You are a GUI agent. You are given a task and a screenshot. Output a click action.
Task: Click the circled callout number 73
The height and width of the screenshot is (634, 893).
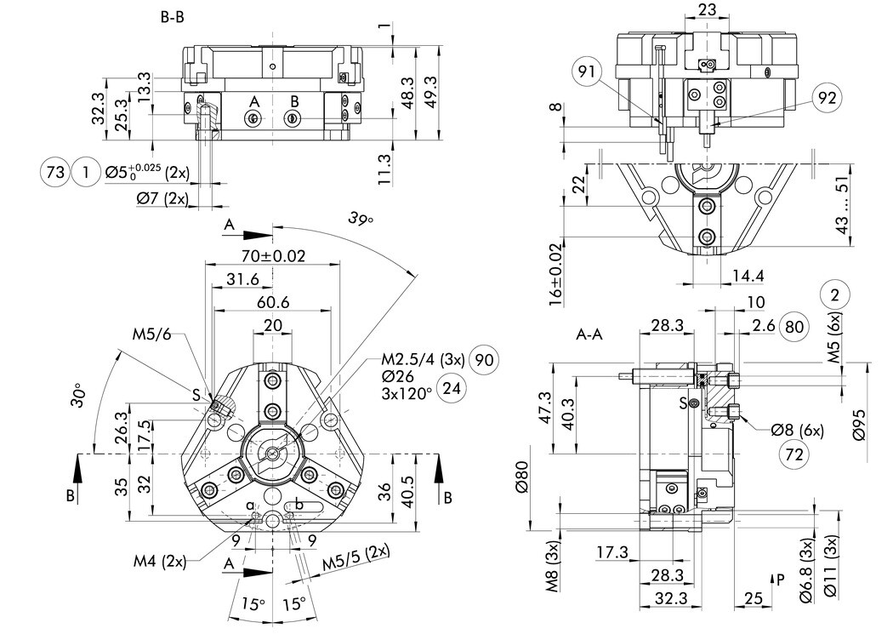tap(54, 173)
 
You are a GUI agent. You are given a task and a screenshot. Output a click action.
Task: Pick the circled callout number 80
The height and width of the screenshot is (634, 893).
tap(795, 326)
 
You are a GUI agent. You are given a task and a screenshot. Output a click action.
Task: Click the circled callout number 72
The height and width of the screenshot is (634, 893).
tap(794, 454)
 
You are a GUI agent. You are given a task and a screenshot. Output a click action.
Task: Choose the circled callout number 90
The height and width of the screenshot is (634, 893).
tap(482, 358)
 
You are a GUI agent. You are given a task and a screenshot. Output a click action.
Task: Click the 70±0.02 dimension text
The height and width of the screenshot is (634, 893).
tap(272, 254)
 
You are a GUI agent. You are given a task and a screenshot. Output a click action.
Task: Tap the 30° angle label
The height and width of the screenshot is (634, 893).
tap(79, 395)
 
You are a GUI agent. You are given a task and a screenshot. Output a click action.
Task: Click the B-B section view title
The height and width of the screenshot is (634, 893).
tap(172, 18)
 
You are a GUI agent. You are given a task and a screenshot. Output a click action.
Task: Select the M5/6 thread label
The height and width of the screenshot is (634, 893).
tap(152, 333)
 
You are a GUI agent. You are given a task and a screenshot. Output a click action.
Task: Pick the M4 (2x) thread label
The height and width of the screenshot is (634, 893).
tap(159, 562)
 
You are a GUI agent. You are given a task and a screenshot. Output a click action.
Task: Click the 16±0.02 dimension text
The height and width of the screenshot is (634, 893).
tap(556, 274)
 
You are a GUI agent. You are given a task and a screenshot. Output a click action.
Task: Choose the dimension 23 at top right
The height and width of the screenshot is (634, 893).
tap(706, 9)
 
